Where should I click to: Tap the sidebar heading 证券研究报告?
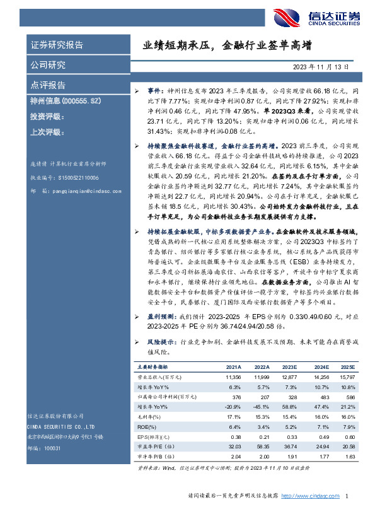click(x=57, y=45)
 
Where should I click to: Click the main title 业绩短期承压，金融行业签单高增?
click(x=226, y=46)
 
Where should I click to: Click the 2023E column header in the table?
click(x=291, y=366)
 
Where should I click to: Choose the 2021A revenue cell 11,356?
click(x=234, y=376)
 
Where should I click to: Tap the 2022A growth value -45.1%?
click(x=261, y=407)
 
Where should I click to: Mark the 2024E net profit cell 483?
click(x=323, y=397)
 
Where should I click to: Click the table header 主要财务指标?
click(x=153, y=366)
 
